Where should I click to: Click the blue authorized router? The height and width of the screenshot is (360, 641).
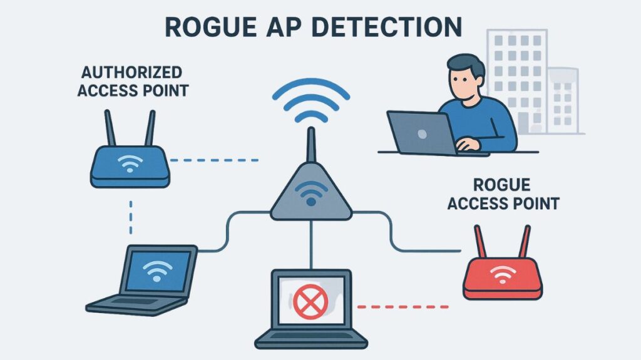coord(130,165)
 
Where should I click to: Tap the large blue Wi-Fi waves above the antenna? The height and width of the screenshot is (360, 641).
coord(310,100)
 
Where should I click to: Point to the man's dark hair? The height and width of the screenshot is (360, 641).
coord(464,64)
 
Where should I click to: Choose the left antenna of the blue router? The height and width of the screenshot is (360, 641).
coord(108,128)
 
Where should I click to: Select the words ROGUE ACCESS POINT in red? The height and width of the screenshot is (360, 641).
coord(503,194)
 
